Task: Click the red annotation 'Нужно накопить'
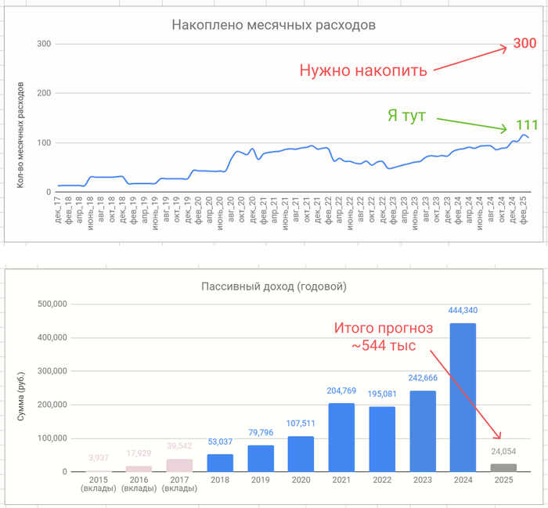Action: (363, 70)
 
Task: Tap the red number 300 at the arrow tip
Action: (524, 44)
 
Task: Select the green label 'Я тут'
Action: (406, 116)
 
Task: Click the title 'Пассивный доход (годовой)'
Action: (274, 286)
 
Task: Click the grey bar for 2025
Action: (503, 467)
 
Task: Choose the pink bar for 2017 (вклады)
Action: (179, 465)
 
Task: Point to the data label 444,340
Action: (462, 311)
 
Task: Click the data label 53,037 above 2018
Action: (220, 442)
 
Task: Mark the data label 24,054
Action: (503, 452)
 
